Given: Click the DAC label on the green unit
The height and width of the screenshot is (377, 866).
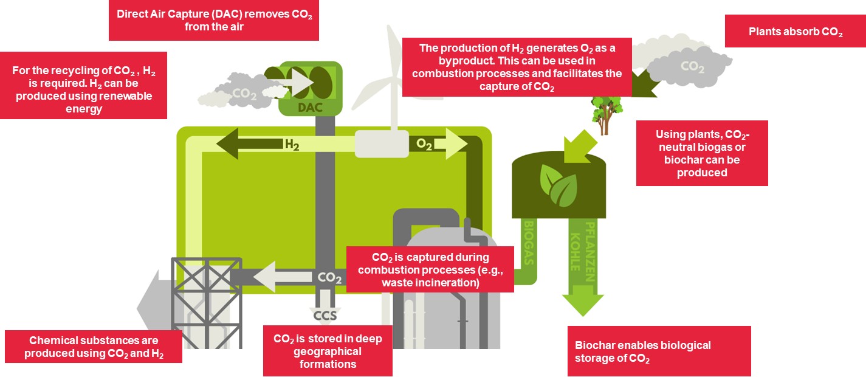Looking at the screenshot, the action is point(310,107).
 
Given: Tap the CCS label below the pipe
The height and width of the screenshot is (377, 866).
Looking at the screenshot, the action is point(325,316).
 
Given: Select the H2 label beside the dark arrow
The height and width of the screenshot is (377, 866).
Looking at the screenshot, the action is point(292,145).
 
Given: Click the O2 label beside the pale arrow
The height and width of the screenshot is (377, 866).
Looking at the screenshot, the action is point(424,144).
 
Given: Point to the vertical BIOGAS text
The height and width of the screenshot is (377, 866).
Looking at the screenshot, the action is point(529,243).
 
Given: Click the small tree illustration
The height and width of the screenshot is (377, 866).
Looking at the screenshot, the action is point(607,115).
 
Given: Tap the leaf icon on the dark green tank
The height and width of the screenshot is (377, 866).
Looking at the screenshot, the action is point(558,185).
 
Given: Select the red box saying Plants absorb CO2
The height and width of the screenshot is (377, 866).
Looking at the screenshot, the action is point(796,32).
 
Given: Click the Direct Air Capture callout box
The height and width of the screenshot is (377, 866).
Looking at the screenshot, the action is point(214,20).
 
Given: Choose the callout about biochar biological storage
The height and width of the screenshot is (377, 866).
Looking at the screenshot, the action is point(659,351).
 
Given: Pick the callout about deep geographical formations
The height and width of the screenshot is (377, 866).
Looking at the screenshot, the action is point(328,351).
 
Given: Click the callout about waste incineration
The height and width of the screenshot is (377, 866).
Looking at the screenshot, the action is point(430,269).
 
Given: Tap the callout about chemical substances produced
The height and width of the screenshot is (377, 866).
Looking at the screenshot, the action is point(94,347).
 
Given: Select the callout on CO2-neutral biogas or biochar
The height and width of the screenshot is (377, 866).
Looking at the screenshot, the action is point(702,153).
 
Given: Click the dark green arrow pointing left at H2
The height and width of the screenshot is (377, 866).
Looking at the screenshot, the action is point(249,144).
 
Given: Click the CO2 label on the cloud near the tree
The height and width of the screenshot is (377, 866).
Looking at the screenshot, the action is point(692,66).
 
